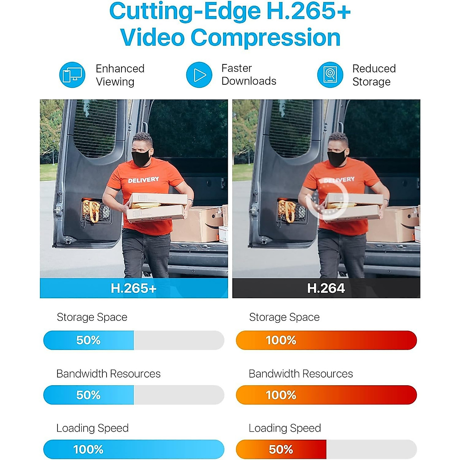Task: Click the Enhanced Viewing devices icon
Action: [72, 75]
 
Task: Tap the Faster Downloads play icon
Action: [199, 75]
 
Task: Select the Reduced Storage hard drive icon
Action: [330, 75]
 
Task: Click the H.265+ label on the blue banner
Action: [133, 288]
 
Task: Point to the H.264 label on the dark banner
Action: [326, 288]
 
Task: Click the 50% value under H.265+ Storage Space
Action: [88, 340]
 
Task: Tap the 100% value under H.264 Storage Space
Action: [281, 340]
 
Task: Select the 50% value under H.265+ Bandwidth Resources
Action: [88, 395]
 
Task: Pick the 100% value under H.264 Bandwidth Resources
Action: [281, 395]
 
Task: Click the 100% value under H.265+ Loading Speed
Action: [88, 449]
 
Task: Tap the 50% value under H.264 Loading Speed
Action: [281, 449]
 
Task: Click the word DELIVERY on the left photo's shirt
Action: [143, 180]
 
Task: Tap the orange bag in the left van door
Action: [91, 211]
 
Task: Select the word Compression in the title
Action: [265, 38]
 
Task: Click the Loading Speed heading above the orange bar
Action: [284, 428]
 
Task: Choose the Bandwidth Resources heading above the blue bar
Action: [108, 373]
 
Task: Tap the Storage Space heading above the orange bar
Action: [284, 317]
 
